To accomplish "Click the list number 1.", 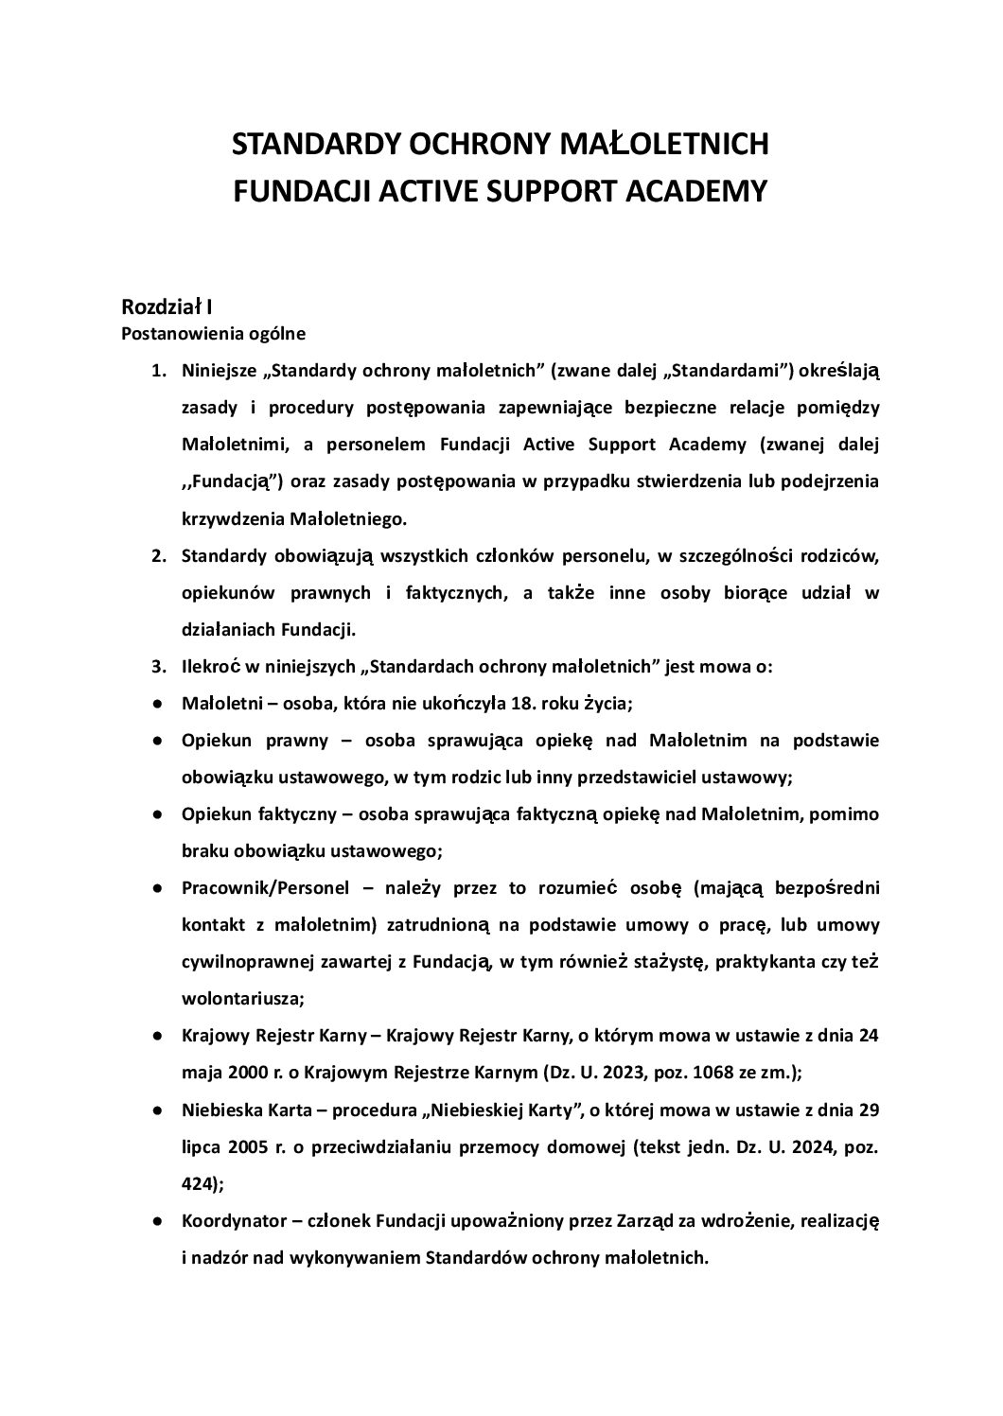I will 159,370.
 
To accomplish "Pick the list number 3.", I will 159,666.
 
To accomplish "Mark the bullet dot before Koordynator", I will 155,1221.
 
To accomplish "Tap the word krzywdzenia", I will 230,518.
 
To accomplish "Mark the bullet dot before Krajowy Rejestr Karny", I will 155,1036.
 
